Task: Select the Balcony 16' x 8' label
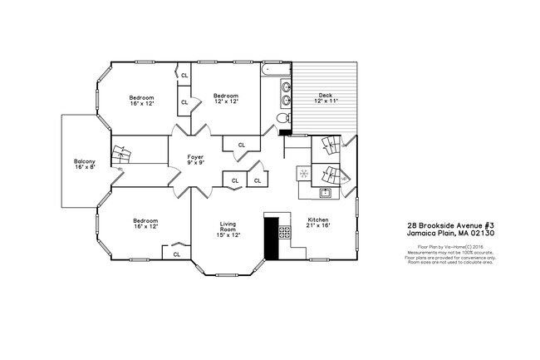tap(85, 164)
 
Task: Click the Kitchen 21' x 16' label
tap(318, 223)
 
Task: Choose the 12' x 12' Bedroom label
tap(225, 98)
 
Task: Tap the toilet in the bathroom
tap(282, 119)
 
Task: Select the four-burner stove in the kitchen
tap(285, 233)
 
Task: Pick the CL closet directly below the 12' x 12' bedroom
tap(242, 145)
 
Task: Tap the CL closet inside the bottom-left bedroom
tap(176, 254)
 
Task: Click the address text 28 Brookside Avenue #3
tap(451, 224)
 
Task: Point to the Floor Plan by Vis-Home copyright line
tap(451, 247)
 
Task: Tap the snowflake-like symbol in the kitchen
tap(304, 174)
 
